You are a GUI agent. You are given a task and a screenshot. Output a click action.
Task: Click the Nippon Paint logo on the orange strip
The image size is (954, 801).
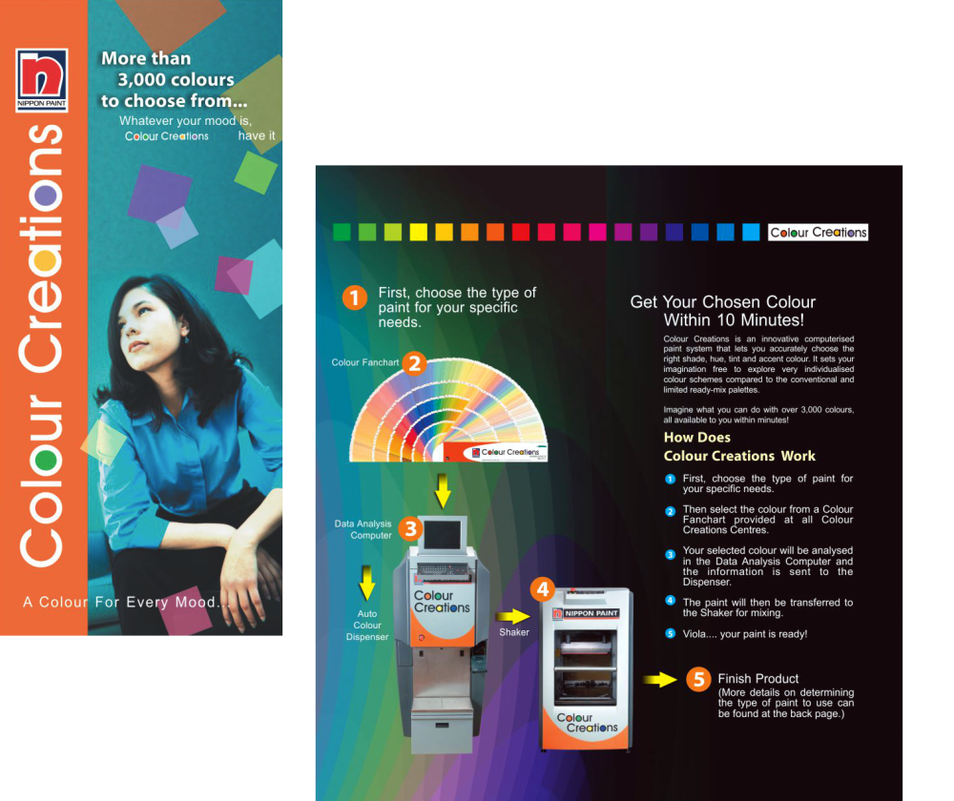coord(41,80)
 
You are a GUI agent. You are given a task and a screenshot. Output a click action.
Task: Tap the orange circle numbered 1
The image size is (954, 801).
coord(354,298)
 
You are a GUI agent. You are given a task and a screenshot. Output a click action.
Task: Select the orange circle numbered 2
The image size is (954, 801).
coord(414,363)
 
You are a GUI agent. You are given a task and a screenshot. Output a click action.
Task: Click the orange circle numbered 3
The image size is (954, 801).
coord(410,528)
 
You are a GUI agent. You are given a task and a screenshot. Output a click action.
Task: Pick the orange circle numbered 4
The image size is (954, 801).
coord(542,589)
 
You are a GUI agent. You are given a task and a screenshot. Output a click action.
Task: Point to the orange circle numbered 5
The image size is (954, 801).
coord(698,679)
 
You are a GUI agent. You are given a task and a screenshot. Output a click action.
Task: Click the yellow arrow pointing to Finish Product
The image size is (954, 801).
coord(660,679)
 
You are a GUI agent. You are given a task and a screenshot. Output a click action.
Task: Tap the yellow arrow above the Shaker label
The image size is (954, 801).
coord(513,616)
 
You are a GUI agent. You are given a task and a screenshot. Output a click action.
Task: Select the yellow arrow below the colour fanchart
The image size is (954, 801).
coord(443,491)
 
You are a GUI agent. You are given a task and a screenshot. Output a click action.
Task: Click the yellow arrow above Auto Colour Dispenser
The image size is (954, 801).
coord(366,583)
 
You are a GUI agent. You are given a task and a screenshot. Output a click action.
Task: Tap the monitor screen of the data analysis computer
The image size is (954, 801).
coord(443,535)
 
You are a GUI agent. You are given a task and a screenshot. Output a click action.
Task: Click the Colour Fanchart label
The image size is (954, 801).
coord(365,362)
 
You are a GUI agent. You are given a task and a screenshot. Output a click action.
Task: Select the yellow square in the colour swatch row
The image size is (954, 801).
coord(419,232)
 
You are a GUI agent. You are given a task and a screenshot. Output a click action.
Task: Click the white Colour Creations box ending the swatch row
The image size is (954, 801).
coord(818,233)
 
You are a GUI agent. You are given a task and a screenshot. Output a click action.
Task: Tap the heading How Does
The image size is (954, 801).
coord(696,438)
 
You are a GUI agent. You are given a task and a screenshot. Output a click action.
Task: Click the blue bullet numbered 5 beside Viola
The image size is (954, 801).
coord(670,634)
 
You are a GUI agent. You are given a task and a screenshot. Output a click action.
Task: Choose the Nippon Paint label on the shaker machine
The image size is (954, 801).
coord(586,614)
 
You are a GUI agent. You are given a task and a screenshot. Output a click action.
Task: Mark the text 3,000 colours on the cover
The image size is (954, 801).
coord(176,80)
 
